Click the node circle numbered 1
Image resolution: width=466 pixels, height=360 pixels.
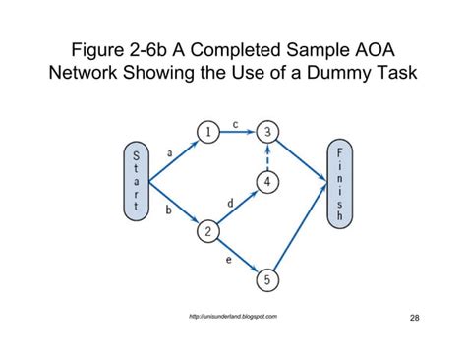[206, 132]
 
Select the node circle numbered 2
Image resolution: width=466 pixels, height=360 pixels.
[207, 231]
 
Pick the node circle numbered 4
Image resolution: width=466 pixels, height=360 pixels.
[267, 181]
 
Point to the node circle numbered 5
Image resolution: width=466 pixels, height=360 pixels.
[267, 280]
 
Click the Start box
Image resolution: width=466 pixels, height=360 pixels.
[136, 181]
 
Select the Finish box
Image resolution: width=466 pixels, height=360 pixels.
[339, 181]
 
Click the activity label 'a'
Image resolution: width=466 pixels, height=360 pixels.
[170, 152]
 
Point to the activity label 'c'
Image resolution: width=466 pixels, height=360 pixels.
[236, 124]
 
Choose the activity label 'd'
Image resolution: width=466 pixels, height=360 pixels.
[230, 202]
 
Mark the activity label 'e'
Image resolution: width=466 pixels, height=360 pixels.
[229, 262]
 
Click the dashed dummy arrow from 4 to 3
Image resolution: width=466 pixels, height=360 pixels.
[267, 156]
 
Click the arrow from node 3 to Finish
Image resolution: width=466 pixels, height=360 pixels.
[300, 156]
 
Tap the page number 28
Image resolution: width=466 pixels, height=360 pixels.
[414, 318]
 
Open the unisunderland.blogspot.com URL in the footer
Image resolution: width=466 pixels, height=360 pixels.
[232, 316]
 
